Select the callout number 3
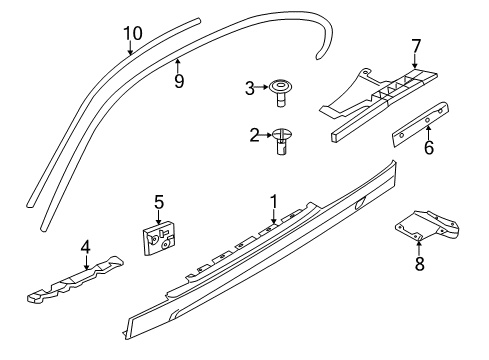(x=251, y=88)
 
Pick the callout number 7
(x=415, y=45)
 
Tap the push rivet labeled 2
(x=283, y=139)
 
